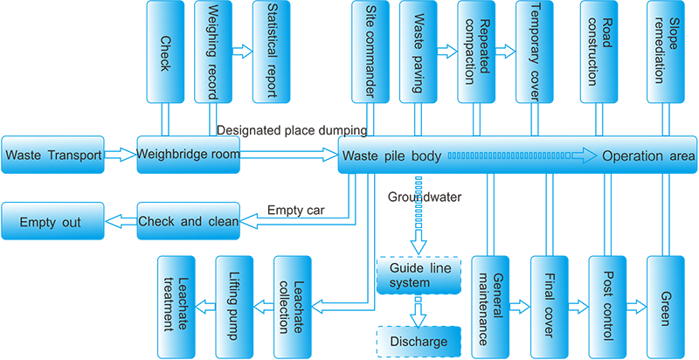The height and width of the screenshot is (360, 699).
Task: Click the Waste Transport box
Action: [x=52, y=155]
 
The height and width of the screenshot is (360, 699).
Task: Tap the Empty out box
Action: [x=52, y=221]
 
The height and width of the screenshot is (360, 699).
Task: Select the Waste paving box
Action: [x=423, y=50]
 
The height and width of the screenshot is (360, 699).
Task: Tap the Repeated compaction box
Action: [x=479, y=50]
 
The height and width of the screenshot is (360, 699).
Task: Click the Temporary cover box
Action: [x=535, y=50]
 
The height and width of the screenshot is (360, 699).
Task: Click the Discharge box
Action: [x=418, y=341]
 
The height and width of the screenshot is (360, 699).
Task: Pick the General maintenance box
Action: [x=494, y=306]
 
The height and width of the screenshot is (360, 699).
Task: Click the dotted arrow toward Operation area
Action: [x=520, y=156]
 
